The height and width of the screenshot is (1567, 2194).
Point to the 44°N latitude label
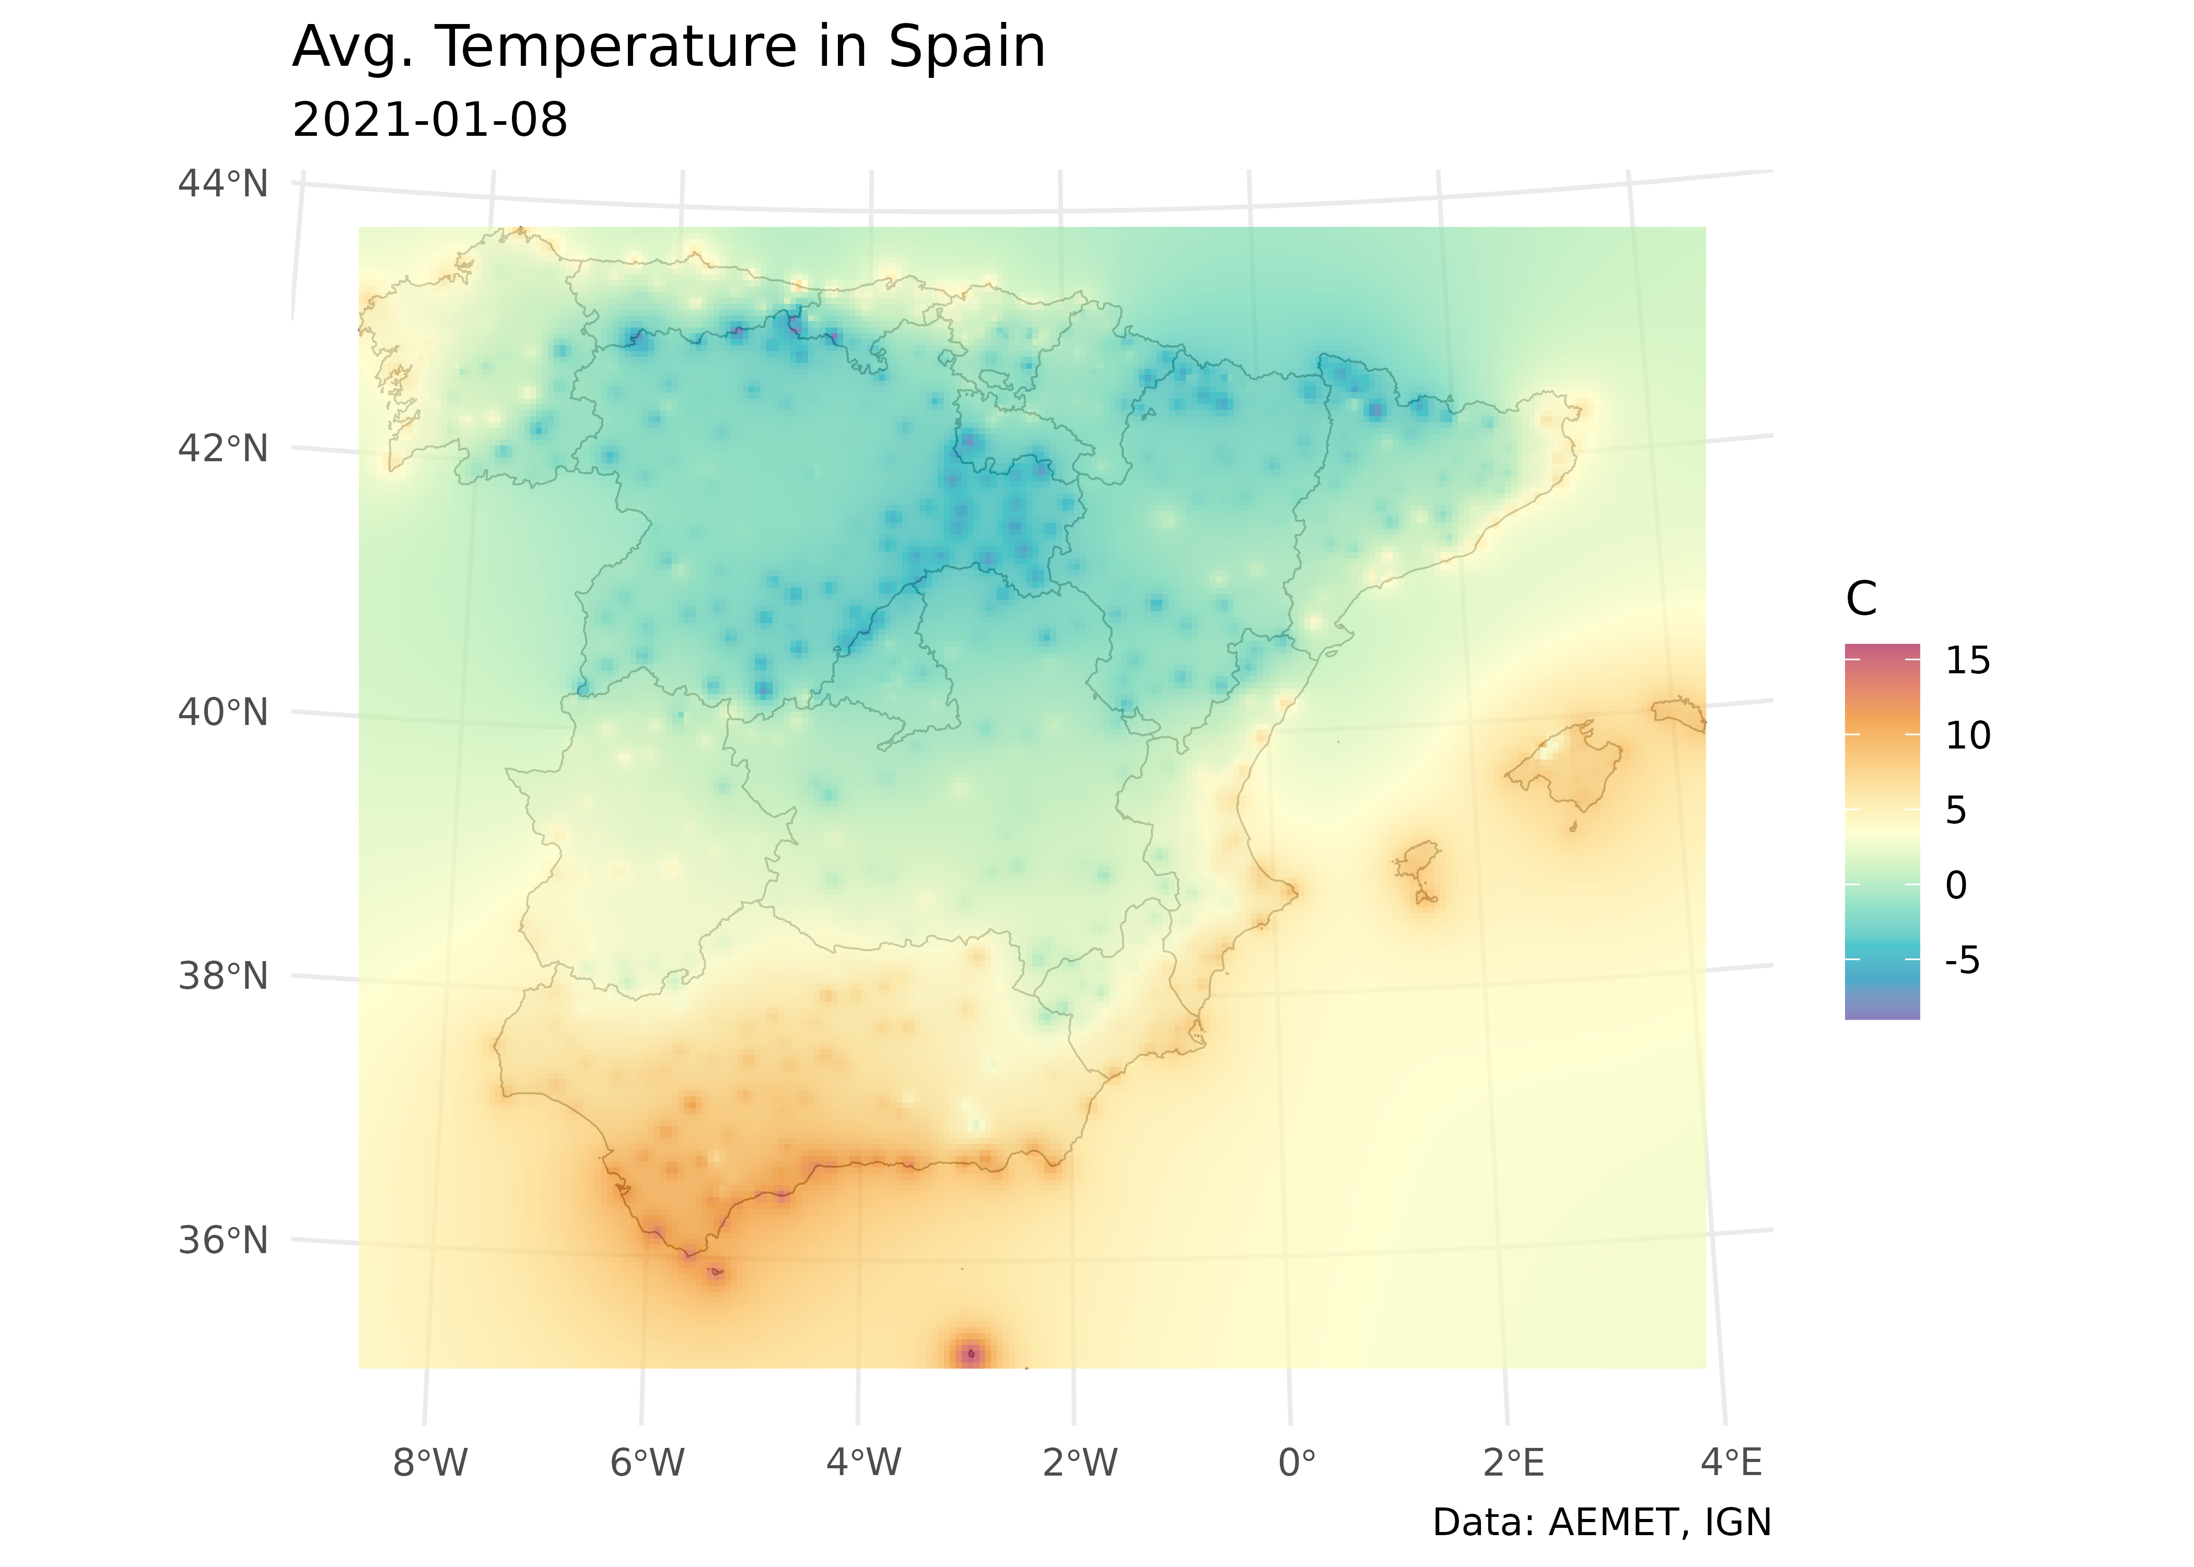(223, 183)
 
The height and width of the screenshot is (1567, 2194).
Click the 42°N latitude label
(223, 449)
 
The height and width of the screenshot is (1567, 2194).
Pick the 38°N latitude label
(223, 976)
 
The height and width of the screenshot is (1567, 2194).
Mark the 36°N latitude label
(223, 1240)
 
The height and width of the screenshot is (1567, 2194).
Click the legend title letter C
(1861, 599)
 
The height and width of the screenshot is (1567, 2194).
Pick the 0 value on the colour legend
(1956, 885)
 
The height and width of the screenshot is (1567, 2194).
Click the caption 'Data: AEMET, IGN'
(1602, 1523)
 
